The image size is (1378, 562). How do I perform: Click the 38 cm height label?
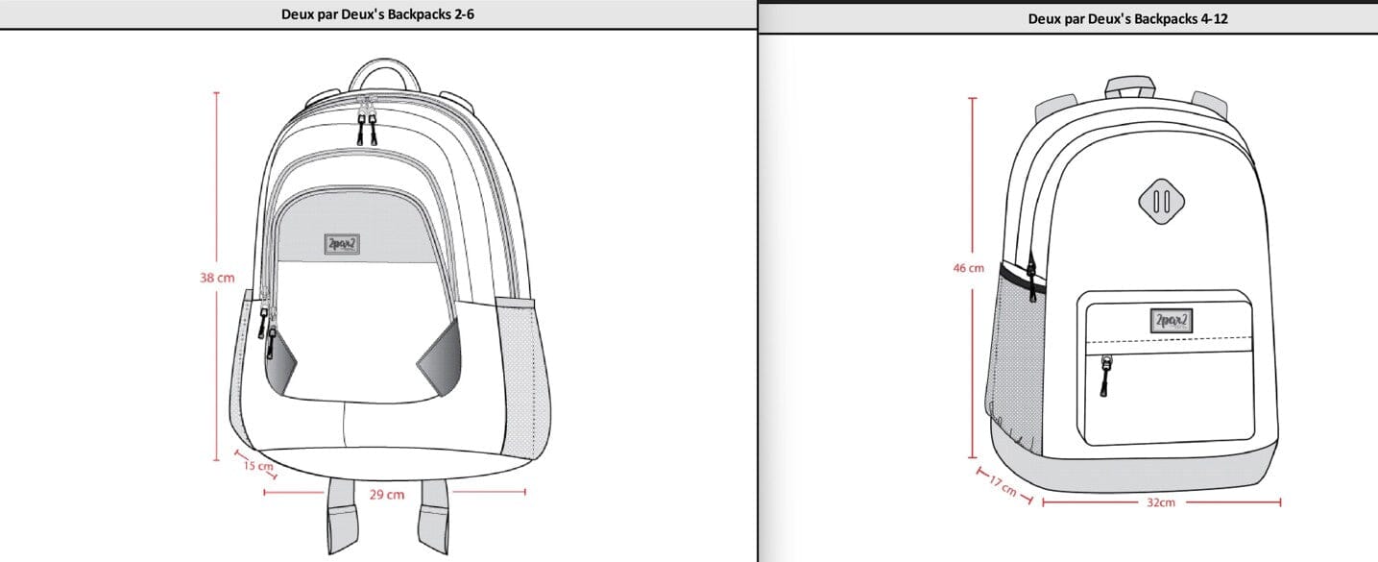pos(217,278)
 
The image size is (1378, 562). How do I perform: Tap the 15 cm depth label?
pos(257,467)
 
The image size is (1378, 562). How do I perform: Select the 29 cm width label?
pos(387,494)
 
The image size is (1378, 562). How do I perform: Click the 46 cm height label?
pos(968,268)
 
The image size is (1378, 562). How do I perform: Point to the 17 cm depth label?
pos(1003,486)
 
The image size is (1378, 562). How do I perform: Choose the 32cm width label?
pos(1160,502)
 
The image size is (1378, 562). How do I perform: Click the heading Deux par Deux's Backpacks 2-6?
pos(378,14)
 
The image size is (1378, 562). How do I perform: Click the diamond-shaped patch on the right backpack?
pos(1161,201)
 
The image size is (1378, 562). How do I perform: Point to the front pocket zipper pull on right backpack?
pos(1105,375)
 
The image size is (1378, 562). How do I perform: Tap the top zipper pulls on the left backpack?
pos(368,128)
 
